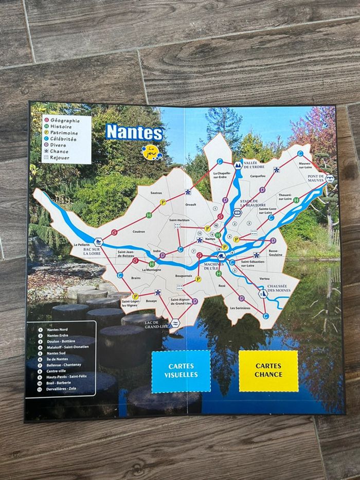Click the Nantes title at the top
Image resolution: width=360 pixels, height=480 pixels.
pos(134,133)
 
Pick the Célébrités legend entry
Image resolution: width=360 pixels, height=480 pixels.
pos(63,139)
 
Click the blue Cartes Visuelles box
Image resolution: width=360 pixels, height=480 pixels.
pos(181,371)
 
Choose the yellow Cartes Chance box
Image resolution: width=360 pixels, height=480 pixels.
pos(268,370)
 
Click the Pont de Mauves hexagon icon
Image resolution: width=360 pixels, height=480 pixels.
pos(330,179)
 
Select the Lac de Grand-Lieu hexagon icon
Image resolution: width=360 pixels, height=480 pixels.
pos(175,322)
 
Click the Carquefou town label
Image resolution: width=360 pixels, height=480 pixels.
pos(257,175)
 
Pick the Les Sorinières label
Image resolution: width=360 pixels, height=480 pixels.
pos(240,308)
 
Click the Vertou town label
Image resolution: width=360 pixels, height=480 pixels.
pos(265,278)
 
